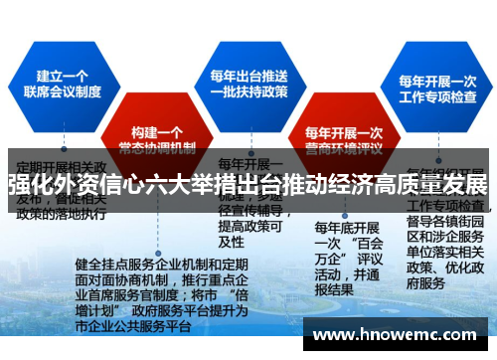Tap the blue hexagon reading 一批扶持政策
[x=248, y=84]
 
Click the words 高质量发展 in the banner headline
[x=428, y=186]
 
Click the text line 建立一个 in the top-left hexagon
[x=64, y=74]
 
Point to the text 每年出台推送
[x=248, y=74]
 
